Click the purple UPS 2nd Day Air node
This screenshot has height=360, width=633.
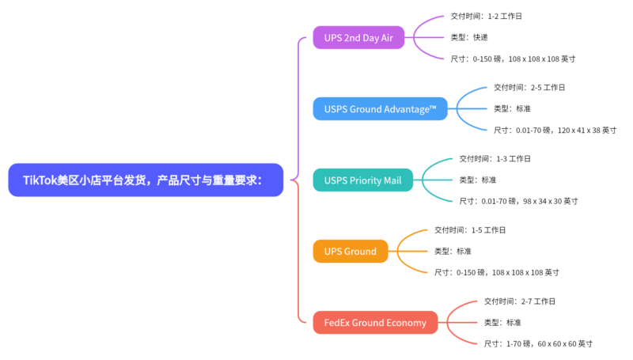point(358,38)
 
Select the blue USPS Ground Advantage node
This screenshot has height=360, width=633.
point(380,109)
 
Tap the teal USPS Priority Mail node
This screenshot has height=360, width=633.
point(362,180)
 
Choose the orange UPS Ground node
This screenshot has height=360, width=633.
point(350,252)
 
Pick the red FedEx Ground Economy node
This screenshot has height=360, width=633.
point(375,323)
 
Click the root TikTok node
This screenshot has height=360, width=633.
point(146,180)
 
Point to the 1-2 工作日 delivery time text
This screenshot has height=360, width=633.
point(486,17)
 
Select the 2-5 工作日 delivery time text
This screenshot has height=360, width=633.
point(529,88)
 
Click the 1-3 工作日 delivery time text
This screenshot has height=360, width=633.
point(495,159)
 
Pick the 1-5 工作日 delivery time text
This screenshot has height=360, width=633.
point(470,230)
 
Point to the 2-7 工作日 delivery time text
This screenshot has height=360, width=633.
point(520,301)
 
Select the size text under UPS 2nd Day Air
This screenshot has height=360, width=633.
point(512,59)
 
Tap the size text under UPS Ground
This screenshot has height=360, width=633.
point(496,273)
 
